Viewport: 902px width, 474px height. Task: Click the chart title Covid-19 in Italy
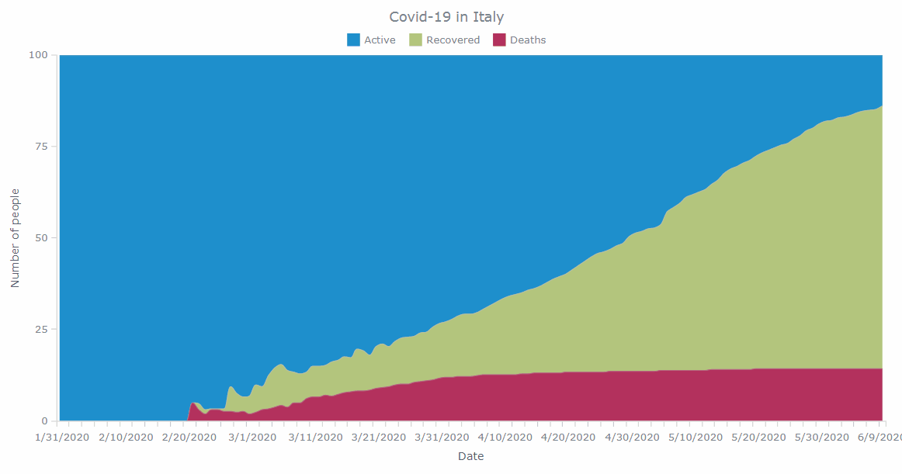[446, 17]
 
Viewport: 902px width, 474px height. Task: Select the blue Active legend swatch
[353, 40]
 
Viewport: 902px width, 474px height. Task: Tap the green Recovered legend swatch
[415, 40]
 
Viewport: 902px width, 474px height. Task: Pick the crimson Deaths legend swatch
[499, 40]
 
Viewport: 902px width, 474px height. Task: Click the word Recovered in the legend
[453, 40]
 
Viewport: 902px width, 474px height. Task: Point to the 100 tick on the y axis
[39, 54]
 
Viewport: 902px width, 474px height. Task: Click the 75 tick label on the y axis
[42, 146]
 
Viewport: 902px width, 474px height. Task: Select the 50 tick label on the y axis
[42, 237]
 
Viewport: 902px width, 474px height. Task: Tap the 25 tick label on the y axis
[42, 329]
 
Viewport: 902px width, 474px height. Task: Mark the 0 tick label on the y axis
[45, 420]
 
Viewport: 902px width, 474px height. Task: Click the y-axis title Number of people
[15, 238]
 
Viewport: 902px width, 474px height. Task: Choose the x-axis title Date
[470, 456]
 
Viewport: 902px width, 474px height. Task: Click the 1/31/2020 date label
[62, 438]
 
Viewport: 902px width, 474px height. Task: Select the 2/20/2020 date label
[189, 438]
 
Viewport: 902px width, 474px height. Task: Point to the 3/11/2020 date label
[315, 438]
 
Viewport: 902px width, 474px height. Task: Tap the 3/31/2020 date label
[442, 438]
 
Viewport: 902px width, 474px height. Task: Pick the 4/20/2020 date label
[568, 438]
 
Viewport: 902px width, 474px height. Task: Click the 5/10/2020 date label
[696, 438]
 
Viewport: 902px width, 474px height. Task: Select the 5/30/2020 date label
[822, 438]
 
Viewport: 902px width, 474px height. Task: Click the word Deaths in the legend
[528, 40]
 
